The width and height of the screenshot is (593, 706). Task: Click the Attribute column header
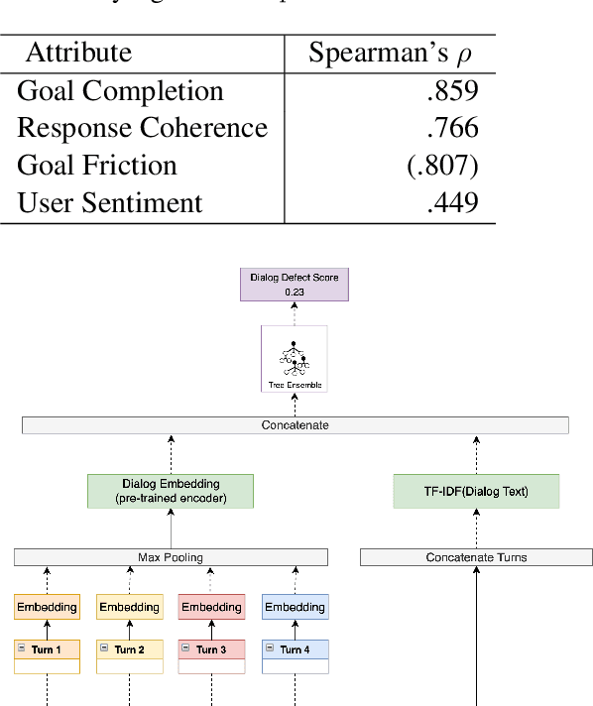[x=78, y=53]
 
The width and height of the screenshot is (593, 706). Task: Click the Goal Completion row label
[x=121, y=91]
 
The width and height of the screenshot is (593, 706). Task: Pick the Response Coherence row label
[x=143, y=128]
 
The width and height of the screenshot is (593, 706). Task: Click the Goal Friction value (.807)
[x=442, y=166]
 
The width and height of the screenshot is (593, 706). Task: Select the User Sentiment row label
[x=110, y=203]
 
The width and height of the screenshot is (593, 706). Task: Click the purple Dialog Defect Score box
[x=295, y=285]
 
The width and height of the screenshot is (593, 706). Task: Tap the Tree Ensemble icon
[x=295, y=358]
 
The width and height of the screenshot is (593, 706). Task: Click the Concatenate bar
[x=295, y=425]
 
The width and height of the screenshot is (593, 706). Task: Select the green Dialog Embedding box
[x=171, y=491]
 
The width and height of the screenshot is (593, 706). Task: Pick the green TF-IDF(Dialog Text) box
[x=476, y=491]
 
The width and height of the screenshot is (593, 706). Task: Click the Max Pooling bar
[x=171, y=557]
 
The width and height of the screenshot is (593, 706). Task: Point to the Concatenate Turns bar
[x=476, y=557]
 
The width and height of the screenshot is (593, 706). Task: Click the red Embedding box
[x=211, y=606]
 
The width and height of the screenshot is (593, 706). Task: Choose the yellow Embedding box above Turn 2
[x=129, y=606]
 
